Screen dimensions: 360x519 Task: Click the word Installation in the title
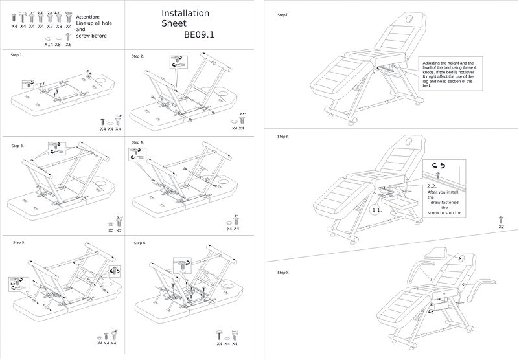(x=185, y=14)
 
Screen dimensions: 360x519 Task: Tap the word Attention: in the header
(x=88, y=17)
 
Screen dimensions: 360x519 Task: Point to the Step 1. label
(x=17, y=55)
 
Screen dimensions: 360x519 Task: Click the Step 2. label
(x=138, y=56)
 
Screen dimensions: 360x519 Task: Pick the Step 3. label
(x=18, y=146)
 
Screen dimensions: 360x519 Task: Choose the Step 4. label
(x=138, y=142)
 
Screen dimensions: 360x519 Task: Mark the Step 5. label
(x=19, y=242)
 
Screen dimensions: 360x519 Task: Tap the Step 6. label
(x=141, y=243)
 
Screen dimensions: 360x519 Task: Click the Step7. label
(x=283, y=14)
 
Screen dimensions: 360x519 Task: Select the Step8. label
(x=283, y=137)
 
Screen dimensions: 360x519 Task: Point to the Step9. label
(x=283, y=272)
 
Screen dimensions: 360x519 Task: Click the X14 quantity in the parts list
(x=49, y=44)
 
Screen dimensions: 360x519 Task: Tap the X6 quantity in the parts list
(x=69, y=44)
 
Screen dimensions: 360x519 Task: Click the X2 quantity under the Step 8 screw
(x=501, y=227)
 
